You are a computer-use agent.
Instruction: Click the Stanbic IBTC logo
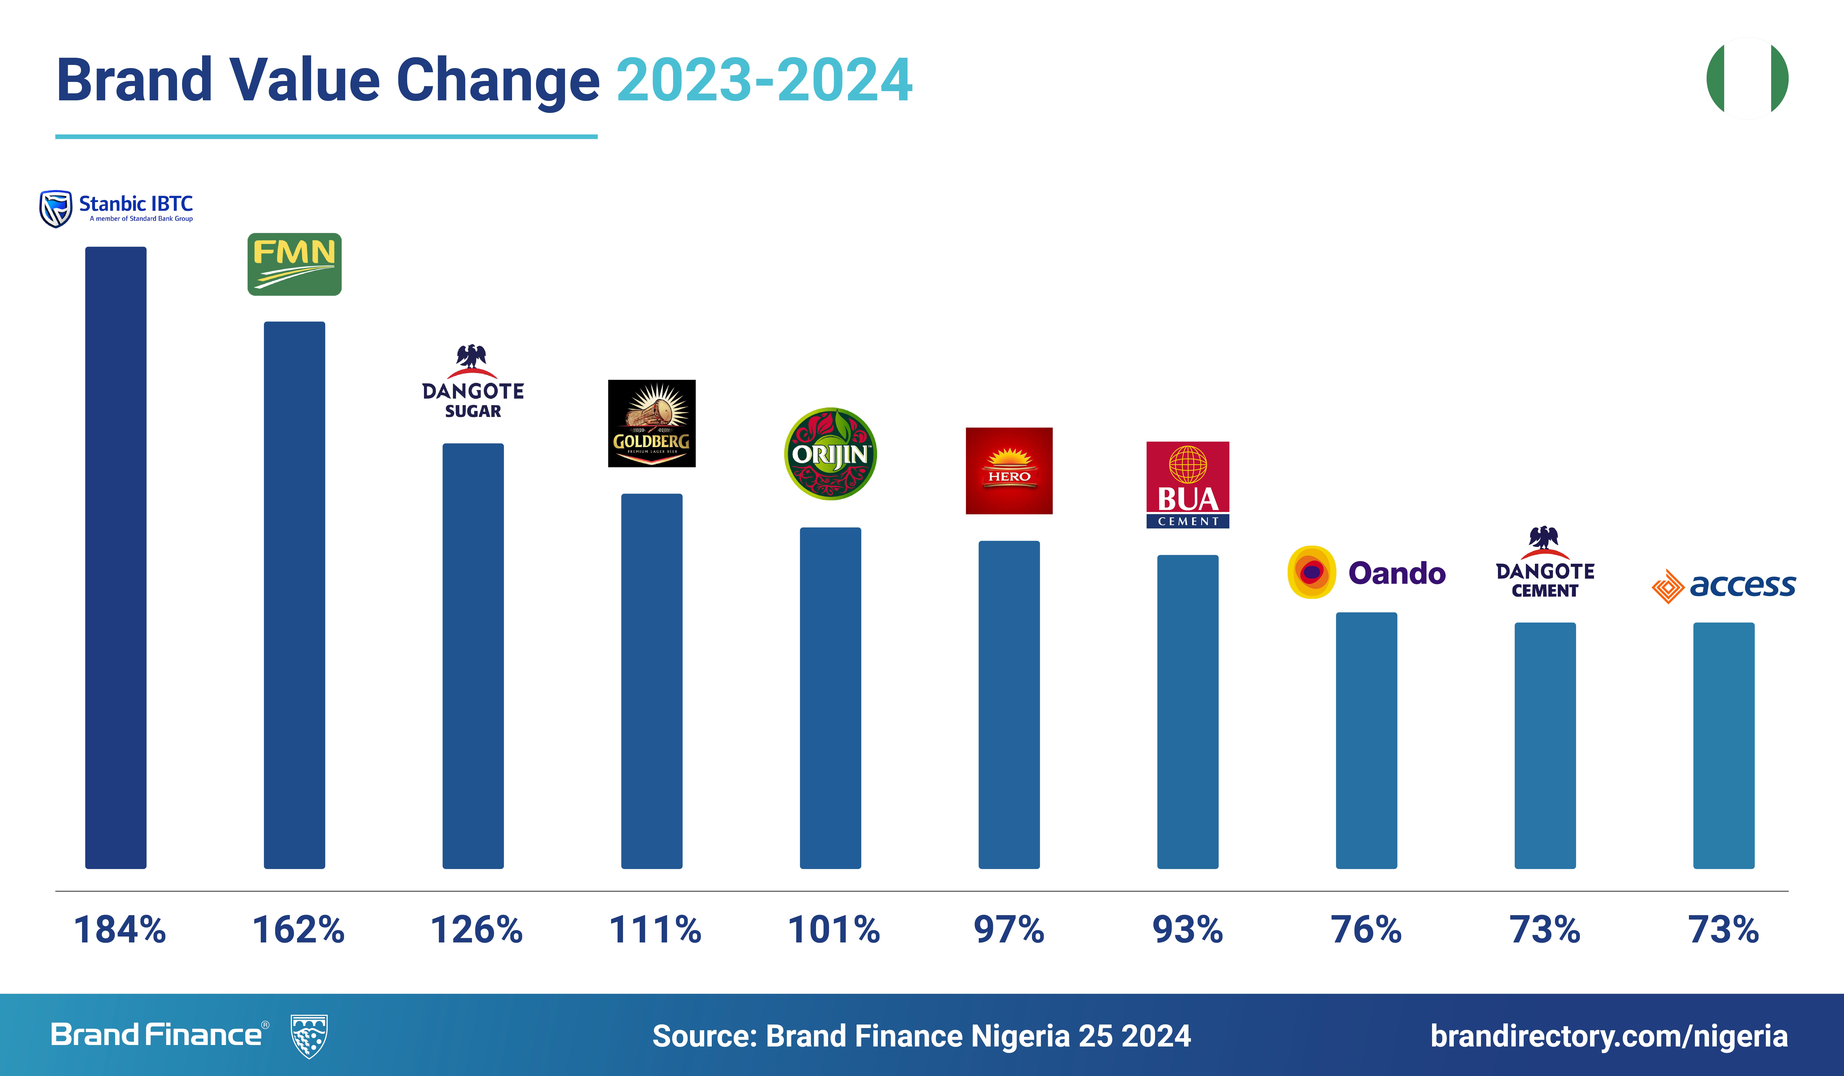pos(116,209)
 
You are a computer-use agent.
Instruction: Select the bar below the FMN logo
pos(294,594)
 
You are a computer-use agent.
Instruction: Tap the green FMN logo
pos(294,264)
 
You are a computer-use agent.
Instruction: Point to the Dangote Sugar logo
pos(473,382)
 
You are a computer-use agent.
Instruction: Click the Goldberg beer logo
pos(651,423)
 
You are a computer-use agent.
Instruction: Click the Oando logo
pos(1366,572)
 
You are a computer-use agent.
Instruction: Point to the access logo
pos(1723,586)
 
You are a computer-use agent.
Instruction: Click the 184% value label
pos(120,930)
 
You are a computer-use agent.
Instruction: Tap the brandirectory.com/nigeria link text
pos(1608,1036)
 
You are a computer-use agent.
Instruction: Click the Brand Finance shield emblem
pos(309,1036)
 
